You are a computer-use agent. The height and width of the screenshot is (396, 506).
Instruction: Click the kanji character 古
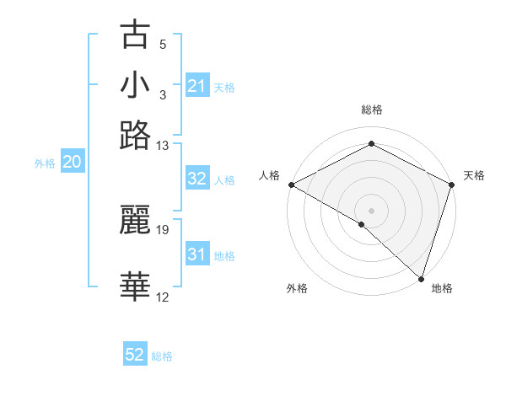(136, 36)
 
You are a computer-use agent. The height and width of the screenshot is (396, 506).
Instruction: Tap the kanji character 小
(136, 87)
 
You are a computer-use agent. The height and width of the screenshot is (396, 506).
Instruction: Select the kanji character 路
(136, 136)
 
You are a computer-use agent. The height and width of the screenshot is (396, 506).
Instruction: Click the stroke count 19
(163, 229)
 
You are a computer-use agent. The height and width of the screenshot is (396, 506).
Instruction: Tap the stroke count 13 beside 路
(163, 146)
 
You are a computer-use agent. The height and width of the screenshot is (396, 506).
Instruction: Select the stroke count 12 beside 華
(163, 297)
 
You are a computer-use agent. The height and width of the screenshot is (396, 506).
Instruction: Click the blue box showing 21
(196, 86)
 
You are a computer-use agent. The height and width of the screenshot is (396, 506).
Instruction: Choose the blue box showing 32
(196, 179)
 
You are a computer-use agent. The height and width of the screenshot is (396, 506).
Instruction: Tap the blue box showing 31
(196, 254)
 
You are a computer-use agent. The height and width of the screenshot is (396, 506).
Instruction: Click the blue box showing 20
(72, 163)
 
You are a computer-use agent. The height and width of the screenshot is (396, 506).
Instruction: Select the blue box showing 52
(135, 356)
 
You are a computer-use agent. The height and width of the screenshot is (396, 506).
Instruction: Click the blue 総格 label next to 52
(162, 356)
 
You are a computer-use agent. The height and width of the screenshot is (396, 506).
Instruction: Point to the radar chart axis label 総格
(371, 110)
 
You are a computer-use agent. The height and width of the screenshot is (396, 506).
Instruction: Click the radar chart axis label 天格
(475, 175)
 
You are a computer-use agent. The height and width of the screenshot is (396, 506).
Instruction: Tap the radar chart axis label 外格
(297, 289)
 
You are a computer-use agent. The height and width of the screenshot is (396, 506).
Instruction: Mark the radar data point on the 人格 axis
(291, 185)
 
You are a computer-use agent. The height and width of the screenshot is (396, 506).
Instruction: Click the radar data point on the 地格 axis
(421, 278)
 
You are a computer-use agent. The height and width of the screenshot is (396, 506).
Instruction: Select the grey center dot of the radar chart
(371, 210)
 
